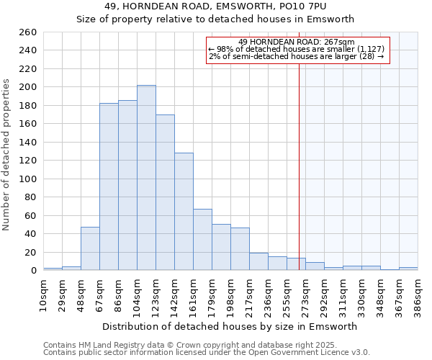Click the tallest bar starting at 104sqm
click(146, 178)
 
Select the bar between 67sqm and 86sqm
click(109, 186)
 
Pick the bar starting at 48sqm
click(90, 248)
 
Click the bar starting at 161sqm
click(202, 239)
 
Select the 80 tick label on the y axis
click(30, 197)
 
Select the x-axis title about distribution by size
click(230, 326)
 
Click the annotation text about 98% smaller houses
click(296, 49)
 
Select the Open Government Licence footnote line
click(207, 353)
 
